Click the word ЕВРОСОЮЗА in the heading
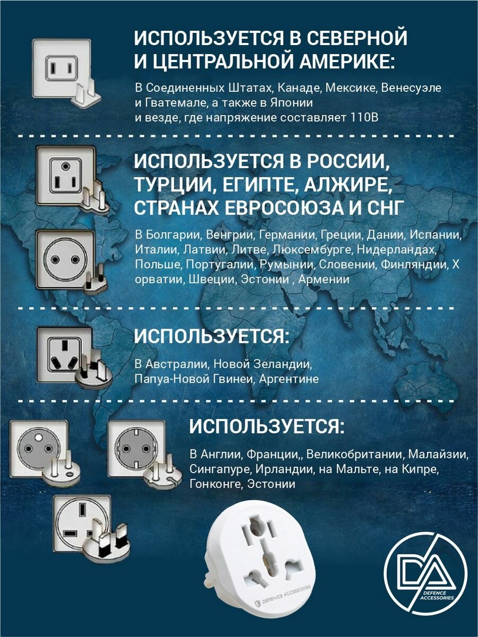tap(275, 208)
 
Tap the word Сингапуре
tap(220, 470)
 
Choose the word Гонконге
tap(215, 485)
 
